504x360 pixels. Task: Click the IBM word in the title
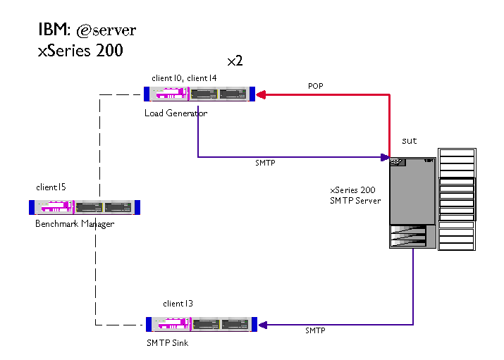[x=53, y=30]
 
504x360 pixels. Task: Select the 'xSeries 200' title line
[x=80, y=51]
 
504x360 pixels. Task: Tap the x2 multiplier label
[x=235, y=61]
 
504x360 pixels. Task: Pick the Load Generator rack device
[x=199, y=94]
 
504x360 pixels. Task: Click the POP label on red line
[x=316, y=86]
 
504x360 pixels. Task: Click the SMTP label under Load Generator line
[x=265, y=163]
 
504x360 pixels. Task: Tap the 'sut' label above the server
[x=409, y=141]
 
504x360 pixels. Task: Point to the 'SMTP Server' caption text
[x=355, y=201]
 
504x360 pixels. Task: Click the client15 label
[x=51, y=187]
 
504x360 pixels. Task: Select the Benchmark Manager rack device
[x=85, y=207]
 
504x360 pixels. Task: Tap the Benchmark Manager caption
[x=75, y=224]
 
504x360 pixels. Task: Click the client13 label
[x=178, y=304]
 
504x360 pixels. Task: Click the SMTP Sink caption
[x=167, y=343]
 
